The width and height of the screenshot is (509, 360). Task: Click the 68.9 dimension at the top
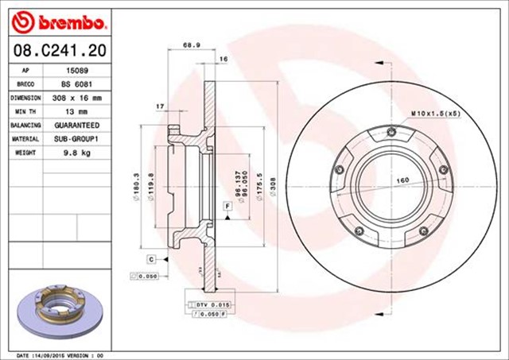click(190, 45)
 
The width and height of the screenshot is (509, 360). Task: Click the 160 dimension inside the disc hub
click(402, 180)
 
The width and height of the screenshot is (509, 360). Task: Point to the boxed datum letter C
click(150, 259)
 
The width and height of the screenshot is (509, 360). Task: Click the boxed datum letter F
click(227, 207)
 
